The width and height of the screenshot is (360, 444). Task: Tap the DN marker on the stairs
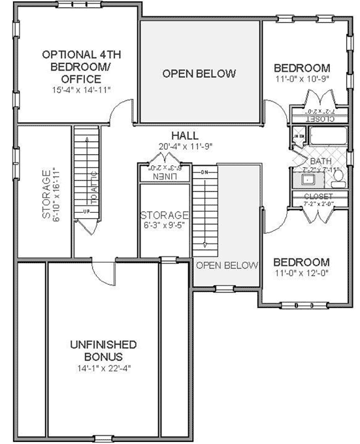pos(204,172)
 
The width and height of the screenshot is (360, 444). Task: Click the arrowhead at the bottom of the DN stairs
pos(205,245)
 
